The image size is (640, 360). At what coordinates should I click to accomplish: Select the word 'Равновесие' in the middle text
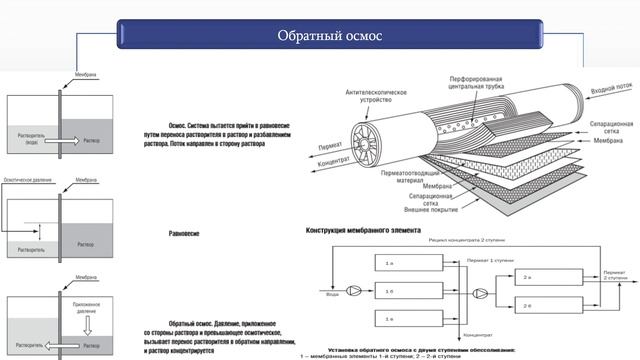[x=183, y=233]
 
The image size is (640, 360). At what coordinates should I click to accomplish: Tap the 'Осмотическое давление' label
[x=25, y=182]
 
